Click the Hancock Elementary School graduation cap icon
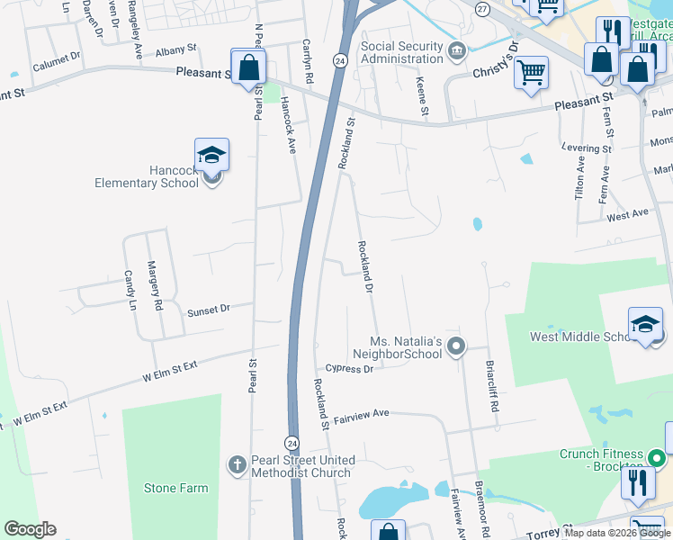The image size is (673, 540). tap(211, 155)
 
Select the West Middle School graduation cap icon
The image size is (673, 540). tap(645, 324)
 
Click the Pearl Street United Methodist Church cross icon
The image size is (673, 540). tap(237, 465)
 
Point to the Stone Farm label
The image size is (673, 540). tap(175, 489)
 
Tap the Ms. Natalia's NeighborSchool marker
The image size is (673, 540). tap(456, 346)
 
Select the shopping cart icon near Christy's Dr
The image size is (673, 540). tap(532, 71)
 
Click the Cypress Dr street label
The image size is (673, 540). tap(349, 368)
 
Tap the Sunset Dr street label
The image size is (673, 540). tap(208, 310)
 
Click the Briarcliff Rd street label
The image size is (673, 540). tap(491, 386)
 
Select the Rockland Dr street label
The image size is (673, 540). tap(365, 266)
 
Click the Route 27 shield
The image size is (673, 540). tap(482, 9)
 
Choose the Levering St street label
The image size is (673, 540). tap(588, 148)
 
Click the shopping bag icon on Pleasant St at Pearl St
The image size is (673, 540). tap(247, 66)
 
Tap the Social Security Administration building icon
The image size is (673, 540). tap(457, 49)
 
